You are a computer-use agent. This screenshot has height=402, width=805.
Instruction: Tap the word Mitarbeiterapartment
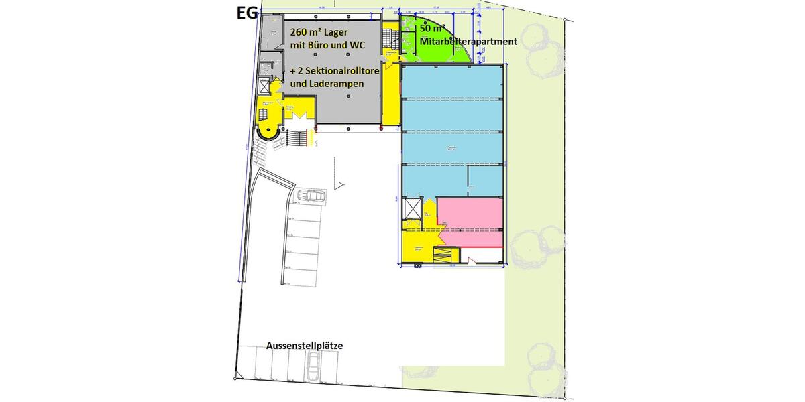point(468,42)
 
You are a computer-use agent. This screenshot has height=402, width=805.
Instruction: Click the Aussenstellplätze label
point(305,345)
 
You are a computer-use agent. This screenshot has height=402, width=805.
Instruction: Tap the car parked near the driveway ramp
point(311,196)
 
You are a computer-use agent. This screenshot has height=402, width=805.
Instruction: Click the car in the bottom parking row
point(313,364)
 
